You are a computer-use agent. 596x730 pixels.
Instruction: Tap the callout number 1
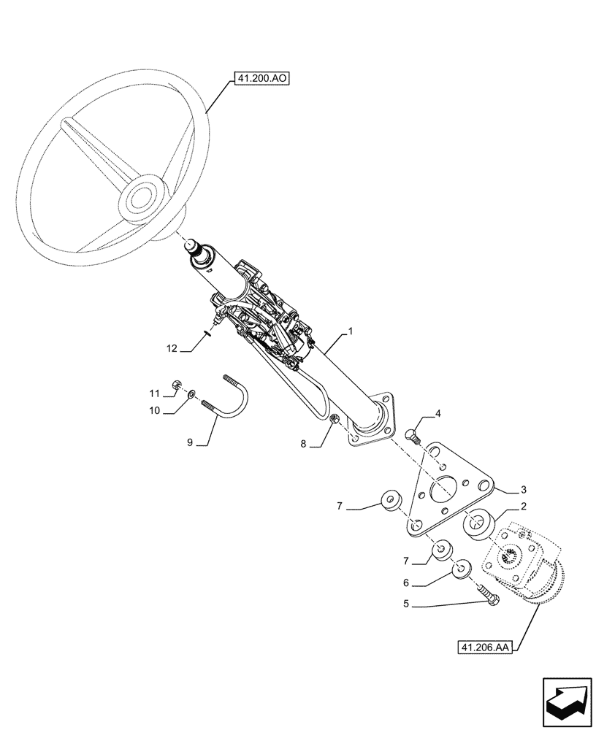click(351, 331)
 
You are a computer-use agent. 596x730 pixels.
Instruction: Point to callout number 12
click(172, 349)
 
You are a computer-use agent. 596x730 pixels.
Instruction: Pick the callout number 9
click(190, 442)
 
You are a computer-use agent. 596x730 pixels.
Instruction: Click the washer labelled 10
click(191, 395)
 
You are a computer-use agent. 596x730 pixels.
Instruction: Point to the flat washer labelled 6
click(462, 568)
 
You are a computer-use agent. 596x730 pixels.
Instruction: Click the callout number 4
click(438, 414)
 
